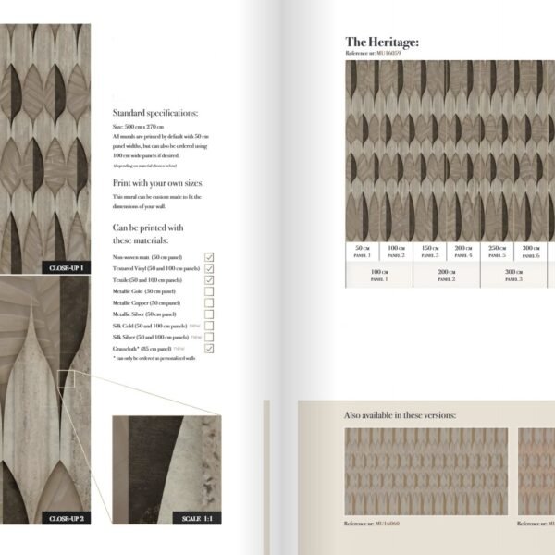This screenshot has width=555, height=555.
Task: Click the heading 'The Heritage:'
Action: click(x=382, y=42)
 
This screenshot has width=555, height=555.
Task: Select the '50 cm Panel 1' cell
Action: click(x=362, y=251)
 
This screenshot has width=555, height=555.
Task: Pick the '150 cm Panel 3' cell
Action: click(x=429, y=251)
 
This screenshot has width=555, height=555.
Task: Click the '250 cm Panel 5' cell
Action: click(x=497, y=251)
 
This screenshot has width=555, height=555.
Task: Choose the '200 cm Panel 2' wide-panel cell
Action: click(x=447, y=275)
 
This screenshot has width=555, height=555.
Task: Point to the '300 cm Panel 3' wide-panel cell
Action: click(x=514, y=275)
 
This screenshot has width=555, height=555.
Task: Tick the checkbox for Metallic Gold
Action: click(x=209, y=290)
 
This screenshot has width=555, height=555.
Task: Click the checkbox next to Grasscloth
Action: click(x=209, y=348)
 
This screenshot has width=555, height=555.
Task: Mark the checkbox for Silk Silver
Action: click(x=209, y=337)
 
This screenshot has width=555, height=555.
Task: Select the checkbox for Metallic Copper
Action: click(x=209, y=302)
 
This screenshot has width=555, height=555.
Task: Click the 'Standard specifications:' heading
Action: click(x=155, y=113)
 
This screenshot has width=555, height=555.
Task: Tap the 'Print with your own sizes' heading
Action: click(x=156, y=183)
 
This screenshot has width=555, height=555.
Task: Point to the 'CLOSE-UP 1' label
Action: click(x=67, y=267)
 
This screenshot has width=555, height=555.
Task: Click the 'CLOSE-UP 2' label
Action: click(x=67, y=518)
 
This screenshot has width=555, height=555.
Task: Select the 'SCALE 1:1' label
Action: click(x=197, y=518)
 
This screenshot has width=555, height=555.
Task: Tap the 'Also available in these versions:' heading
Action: click(x=400, y=416)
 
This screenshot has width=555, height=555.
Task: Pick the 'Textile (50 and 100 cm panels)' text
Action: click(x=146, y=279)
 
